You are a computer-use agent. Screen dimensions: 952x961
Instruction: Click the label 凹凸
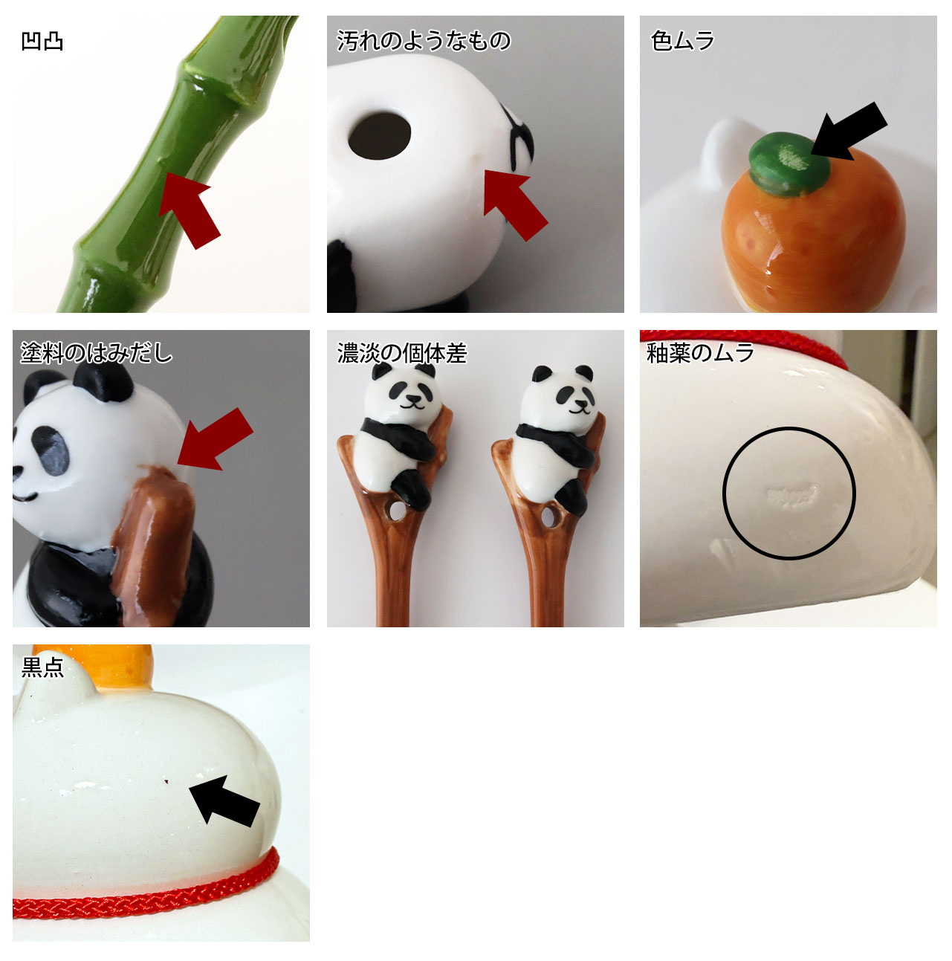pyautogui.click(x=42, y=42)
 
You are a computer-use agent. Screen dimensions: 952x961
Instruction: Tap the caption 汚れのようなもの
pyautogui.click(x=424, y=41)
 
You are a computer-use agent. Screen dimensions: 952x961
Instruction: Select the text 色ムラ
pyautogui.click(x=681, y=41)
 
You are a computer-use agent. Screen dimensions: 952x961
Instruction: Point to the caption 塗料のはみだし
pyautogui.click(x=97, y=353)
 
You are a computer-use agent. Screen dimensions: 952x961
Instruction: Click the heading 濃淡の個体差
pyautogui.click(x=401, y=353)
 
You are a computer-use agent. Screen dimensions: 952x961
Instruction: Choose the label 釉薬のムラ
pyautogui.click(x=699, y=353)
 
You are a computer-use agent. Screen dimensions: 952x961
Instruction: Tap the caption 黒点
pyautogui.click(x=42, y=667)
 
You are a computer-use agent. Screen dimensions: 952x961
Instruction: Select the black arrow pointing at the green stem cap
pyautogui.click(x=849, y=131)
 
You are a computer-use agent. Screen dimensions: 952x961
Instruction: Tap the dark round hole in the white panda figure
pyautogui.click(x=380, y=136)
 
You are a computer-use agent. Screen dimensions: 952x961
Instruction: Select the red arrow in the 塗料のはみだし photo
pyautogui.click(x=215, y=439)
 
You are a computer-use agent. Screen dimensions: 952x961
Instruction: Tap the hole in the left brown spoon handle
pyautogui.click(x=396, y=511)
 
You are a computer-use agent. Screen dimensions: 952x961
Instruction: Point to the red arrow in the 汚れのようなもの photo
pyautogui.click(x=515, y=205)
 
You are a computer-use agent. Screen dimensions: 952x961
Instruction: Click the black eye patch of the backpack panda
pyautogui.click(x=52, y=450)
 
